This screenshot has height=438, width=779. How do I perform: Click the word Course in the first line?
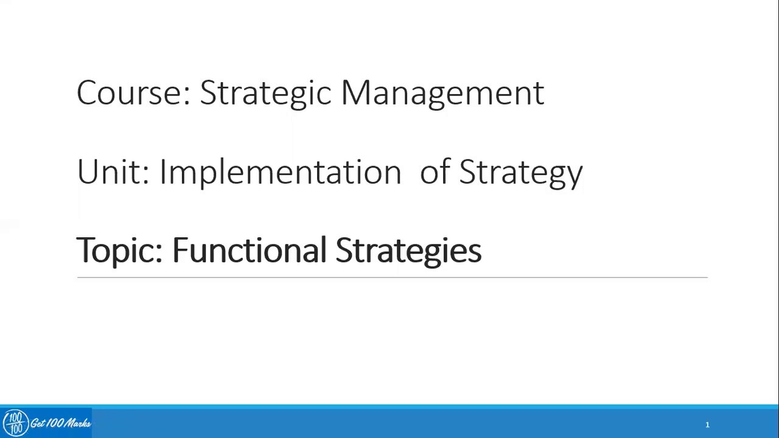click(129, 93)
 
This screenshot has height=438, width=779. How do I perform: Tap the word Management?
click(442, 93)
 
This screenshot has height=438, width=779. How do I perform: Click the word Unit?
click(109, 172)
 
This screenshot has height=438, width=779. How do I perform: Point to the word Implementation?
click(280, 172)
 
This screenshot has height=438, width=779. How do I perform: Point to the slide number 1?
click(707, 425)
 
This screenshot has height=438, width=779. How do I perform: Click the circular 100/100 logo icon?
click(15, 423)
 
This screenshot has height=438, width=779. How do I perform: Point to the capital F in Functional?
click(180, 249)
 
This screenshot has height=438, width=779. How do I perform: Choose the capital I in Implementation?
click(162, 172)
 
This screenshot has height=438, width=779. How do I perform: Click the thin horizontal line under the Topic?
click(392, 277)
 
